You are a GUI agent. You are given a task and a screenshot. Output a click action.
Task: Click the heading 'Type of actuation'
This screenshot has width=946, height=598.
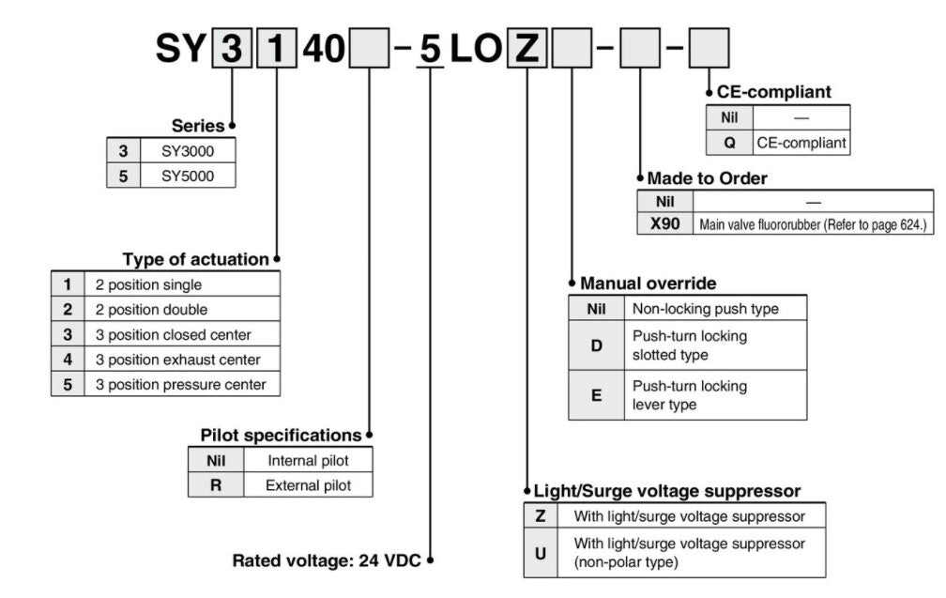pyautogui.click(x=195, y=259)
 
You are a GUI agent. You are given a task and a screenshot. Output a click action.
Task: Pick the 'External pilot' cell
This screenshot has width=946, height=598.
pyautogui.click(x=308, y=485)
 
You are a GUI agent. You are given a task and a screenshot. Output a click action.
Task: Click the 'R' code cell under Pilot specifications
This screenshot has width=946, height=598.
pyautogui.click(x=215, y=485)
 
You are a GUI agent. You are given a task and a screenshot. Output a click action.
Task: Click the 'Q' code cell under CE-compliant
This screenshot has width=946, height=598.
pyautogui.click(x=729, y=144)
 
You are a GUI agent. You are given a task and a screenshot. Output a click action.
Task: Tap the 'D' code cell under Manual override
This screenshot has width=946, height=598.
pyautogui.click(x=597, y=345)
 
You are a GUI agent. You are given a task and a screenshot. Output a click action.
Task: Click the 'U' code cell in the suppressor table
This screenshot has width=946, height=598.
pyautogui.click(x=540, y=553)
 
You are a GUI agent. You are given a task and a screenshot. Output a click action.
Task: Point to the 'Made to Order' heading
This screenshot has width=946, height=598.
pyautogui.click(x=707, y=177)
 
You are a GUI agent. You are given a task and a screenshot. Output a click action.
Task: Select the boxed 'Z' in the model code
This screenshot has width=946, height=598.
pyautogui.click(x=528, y=50)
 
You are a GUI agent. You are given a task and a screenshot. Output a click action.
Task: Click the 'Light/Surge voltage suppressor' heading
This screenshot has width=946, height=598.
pyautogui.click(x=666, y=491)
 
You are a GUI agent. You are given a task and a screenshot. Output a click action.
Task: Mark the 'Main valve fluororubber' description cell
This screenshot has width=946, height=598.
pyautogui.click(x=812, y=224)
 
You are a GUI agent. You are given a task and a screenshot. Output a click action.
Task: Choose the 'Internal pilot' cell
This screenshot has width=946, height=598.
pyautogui.click(x=308, y=461)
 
